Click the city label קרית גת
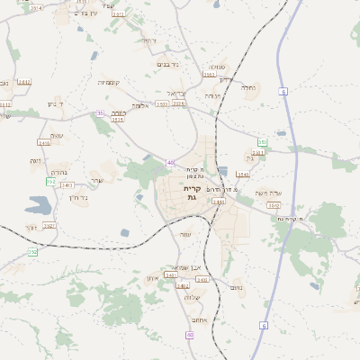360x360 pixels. (190, 193)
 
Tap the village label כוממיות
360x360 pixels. (111, 83)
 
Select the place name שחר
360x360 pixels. (97, 180)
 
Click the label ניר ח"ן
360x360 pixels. (77, 197)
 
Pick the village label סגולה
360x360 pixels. (217, 67)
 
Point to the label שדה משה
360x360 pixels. (267, 193)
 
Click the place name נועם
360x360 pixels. (238, 288)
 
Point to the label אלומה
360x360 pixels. (139, 105)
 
